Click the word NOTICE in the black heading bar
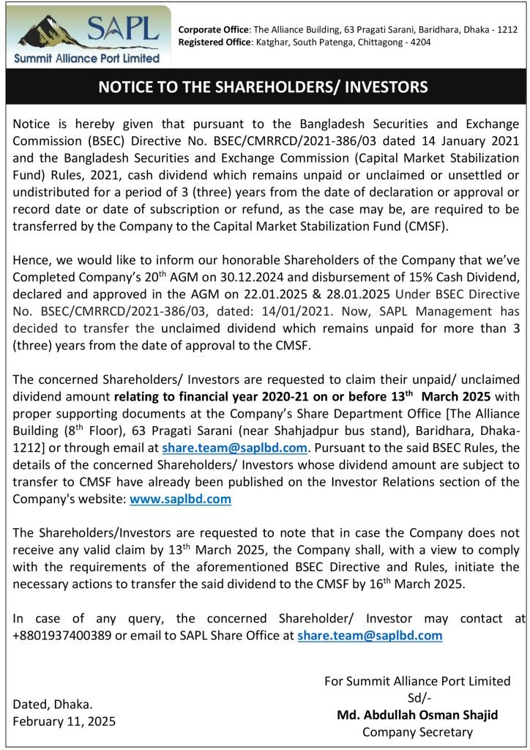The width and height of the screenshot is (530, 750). pyautogui.click(x=124, y=87)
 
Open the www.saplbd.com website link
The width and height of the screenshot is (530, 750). pyautogui.click(x=180, y=499)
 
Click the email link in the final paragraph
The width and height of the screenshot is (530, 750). pyautogui.click(x=370, y=635)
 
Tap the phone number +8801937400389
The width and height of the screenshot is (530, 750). pyautogui.click(x=61, y=635)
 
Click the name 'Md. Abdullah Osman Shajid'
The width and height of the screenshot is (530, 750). pyautogui.click(x=417, y=715)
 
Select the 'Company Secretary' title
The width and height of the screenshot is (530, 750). pyautogui.click(x=417, y=732)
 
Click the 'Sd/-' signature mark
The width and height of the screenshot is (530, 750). pyautogui.click(x=417, y=698)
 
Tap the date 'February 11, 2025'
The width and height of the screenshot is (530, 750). pyautogui.click(x=64, y=721)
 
